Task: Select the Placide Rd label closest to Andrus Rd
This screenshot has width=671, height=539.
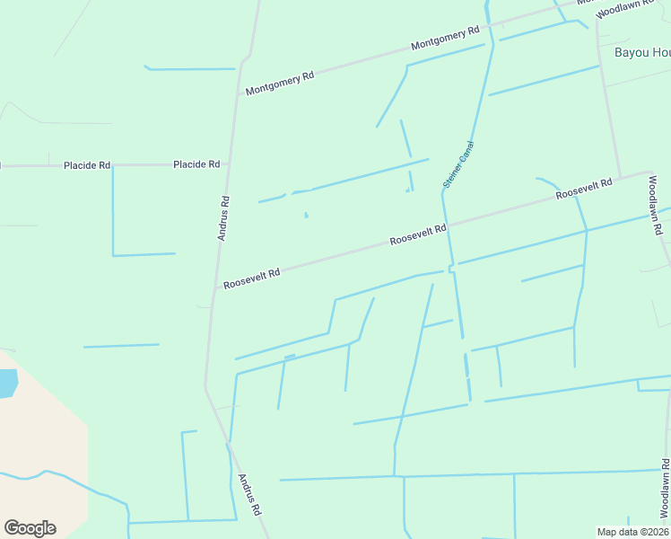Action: (x=196, y=164)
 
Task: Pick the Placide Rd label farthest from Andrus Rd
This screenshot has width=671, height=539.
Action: (x=87, y=165)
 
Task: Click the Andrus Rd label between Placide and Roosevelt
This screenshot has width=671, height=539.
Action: (x=224, y=218)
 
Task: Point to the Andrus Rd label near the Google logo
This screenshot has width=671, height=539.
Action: (x=248, y=494)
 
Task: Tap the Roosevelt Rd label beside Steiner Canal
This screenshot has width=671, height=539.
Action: (x=418, y=236)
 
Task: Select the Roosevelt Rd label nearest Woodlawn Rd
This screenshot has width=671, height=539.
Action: (x=583, y=189)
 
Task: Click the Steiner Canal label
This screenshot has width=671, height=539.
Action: (x=457, y=164)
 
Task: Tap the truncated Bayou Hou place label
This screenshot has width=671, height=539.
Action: (x=642, y=52)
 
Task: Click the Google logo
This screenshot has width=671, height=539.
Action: (x=30, y=528)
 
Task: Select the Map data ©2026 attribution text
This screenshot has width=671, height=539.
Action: (x=633, y=532)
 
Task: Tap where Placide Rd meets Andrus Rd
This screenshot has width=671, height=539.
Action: (x=230, y=164)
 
